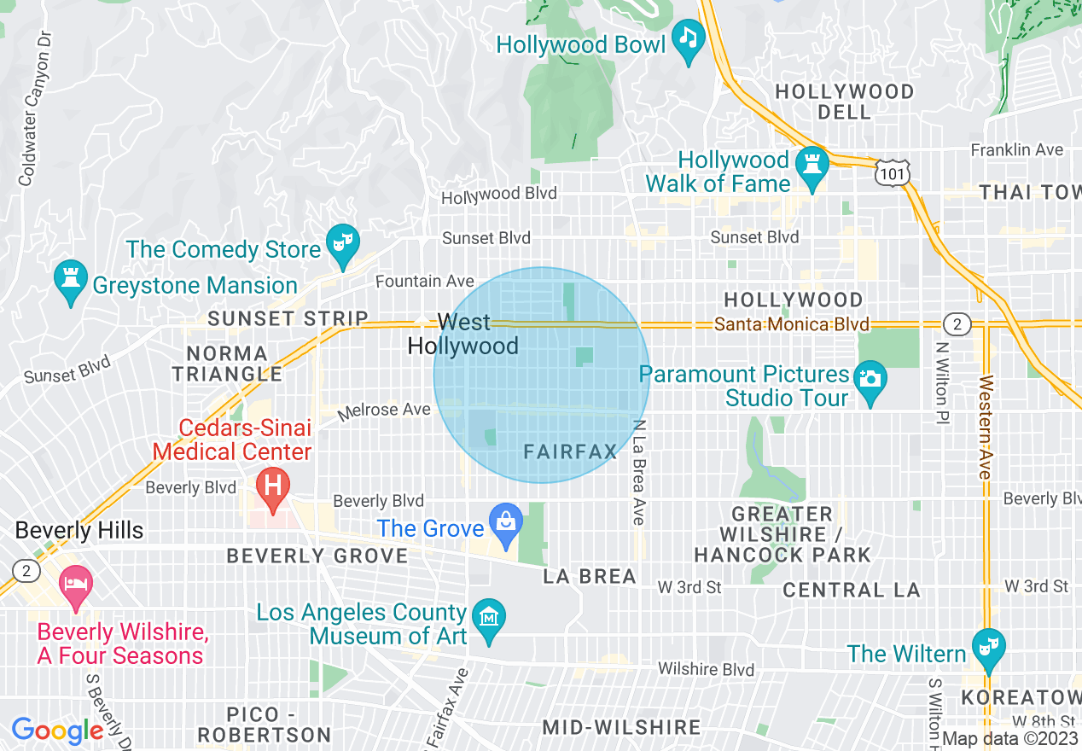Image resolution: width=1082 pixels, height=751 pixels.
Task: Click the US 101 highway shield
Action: coord(893,172)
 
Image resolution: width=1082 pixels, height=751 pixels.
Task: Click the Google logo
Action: coord(57,731)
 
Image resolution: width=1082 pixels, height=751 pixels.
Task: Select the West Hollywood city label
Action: coord(463,334)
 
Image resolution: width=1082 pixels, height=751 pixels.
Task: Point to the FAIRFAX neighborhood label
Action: coord(570,451)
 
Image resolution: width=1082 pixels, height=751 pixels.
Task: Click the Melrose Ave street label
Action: coord(384,410)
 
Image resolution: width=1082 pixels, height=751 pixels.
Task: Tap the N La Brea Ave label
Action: coord(638,472)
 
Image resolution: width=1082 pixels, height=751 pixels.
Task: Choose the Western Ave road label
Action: coord(986,427)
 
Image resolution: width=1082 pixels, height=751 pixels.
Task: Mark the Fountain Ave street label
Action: coord(425,281)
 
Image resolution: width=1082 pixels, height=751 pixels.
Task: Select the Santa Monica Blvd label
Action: coord(791,324)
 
